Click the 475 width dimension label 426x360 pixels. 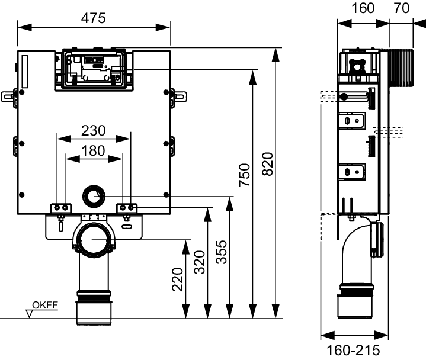click(x=93, y=18)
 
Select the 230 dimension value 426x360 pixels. click(x=93, y=130)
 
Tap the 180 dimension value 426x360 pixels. click(x=93, y=150)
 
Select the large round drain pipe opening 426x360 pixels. click(x=93, y=240)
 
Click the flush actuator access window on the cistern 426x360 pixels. click(x=93, y=69)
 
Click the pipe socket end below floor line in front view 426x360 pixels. click(x=93, y=313)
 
